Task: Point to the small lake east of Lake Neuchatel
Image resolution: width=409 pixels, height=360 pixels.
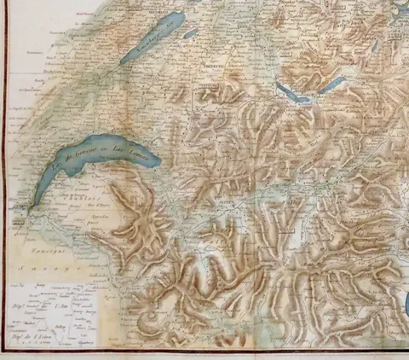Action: pos(191,34)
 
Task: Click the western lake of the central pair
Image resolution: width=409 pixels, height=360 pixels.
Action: pos(295,93)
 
